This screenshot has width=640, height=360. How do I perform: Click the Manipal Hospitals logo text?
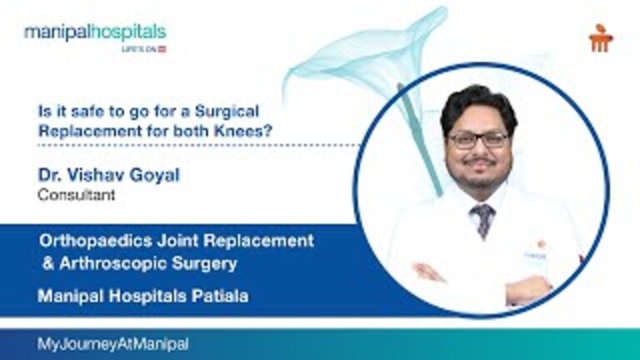click(94, 32)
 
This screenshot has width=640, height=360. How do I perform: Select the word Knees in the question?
click(257, 126)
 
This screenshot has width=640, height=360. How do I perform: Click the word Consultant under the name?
click(77, 196)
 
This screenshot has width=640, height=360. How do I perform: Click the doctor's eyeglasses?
click(477, 139)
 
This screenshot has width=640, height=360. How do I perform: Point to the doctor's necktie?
click(482, 219)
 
